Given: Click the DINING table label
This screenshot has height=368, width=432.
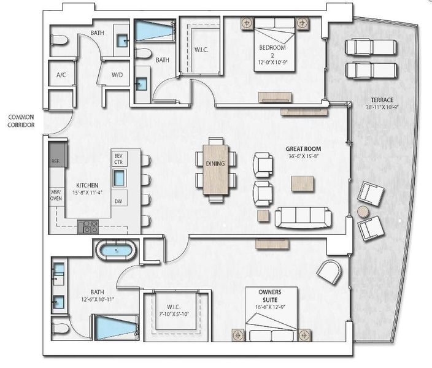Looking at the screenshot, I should [215, 164].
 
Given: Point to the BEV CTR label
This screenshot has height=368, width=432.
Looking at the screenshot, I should [119, 159].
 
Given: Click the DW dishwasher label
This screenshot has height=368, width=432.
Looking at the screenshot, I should [119, 201].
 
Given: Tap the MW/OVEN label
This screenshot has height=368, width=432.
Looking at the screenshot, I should [55, 194].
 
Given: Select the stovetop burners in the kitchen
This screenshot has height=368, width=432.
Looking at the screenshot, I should [90, 226].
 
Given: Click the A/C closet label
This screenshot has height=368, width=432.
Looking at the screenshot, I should [61, 75].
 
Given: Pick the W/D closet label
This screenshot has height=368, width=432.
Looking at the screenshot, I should [117, 75].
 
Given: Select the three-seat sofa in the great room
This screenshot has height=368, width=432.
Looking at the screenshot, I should [303, 217].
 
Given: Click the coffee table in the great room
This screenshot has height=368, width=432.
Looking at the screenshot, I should [303, 183].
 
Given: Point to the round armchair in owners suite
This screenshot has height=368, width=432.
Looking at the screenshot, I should [330, 271].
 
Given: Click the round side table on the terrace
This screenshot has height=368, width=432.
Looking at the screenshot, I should [363, 211].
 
